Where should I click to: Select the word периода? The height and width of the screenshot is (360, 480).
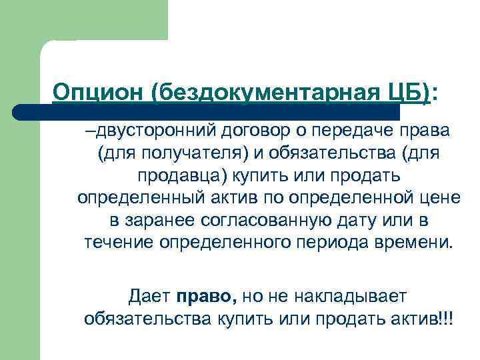click(327, 243)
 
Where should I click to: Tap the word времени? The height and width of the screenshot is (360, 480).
click(409, 243)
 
